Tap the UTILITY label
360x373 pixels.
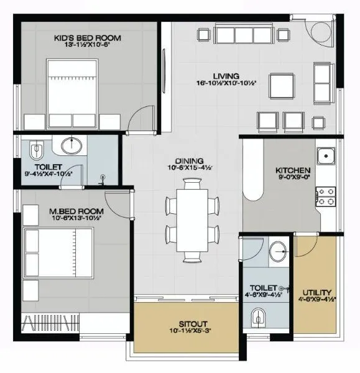pyautogui.click(x=316, y=292)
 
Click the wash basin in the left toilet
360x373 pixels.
pyautogui.click(x=72, y=146)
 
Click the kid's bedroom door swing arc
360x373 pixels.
pyautogui.click(x=142, y=118)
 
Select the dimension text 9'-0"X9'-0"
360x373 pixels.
pyautogui.click(x=293, y=180)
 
